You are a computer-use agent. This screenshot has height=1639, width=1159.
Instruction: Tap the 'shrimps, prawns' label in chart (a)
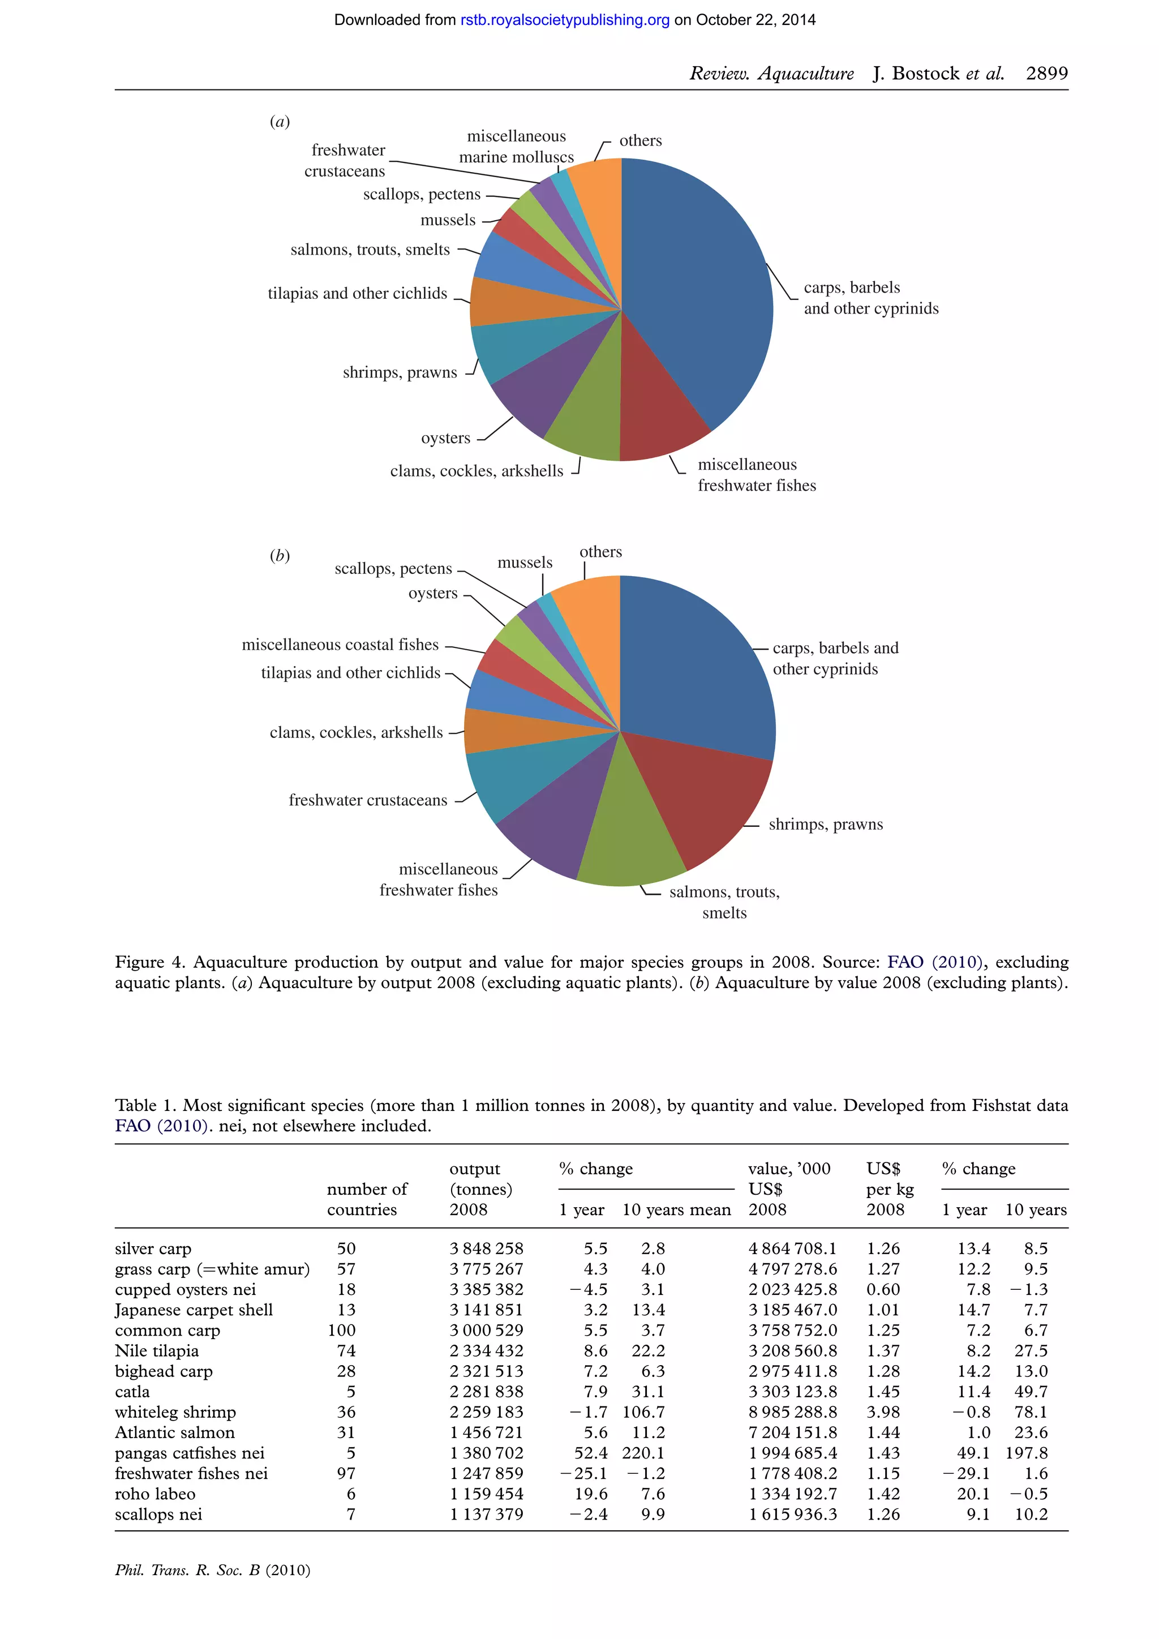[x=400, y=372]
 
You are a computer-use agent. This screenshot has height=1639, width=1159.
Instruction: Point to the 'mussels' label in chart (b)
[x=525, y=563]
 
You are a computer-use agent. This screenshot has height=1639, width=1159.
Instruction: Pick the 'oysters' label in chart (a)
[x=445, y=438]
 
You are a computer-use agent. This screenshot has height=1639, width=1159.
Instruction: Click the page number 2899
[x=1046, y=74]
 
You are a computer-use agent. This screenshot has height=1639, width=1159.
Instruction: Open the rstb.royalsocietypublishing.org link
[x=565, y=20]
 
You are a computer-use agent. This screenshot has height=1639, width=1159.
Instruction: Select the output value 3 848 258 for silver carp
[x=486, y=1248]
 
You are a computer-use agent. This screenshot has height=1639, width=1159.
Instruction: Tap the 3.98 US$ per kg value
[x=883, y=1412]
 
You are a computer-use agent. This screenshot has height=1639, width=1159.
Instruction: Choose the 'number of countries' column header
[x=366, y=1199]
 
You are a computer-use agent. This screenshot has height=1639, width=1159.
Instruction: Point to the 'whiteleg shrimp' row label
[x=175, y=1412]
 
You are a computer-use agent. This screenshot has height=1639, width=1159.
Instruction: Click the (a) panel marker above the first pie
[x=280, y=121]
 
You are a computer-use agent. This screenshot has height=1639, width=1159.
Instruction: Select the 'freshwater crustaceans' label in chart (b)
[x=367, y=800]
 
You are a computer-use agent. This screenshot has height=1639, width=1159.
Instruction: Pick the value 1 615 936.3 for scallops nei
[x=792, y=1514]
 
